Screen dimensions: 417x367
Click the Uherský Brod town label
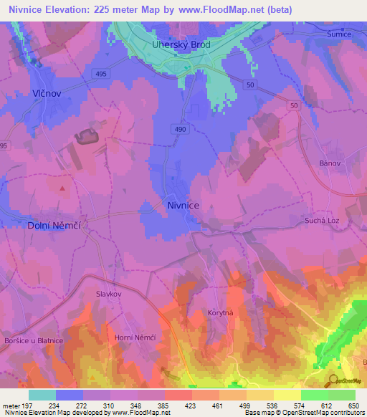coord(181,44)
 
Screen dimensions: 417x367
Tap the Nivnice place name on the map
coord(183,205)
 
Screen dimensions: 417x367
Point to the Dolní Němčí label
coord(52,225)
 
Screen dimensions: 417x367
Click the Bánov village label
coord(329,163)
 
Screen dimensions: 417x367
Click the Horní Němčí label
coord(131,337)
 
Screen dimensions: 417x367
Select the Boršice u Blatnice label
coord(33,340)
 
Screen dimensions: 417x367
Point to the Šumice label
coord(338,34)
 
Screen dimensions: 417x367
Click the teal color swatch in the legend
coord(42,395)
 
